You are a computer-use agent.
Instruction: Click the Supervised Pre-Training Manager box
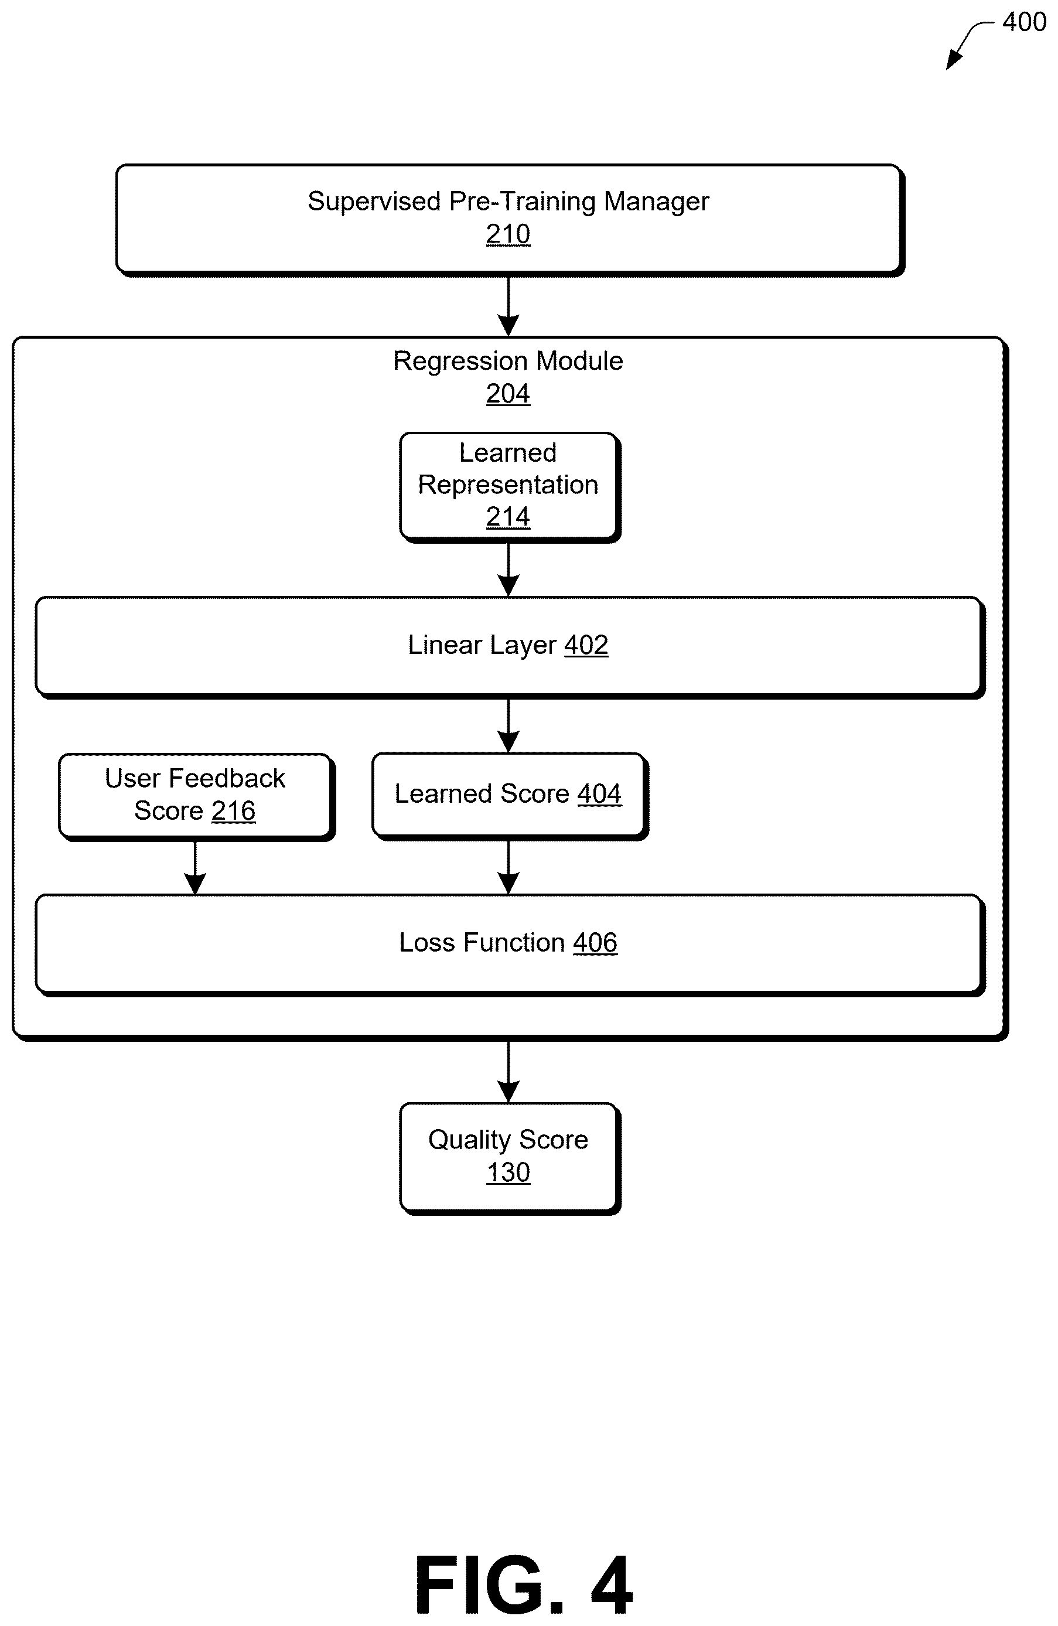[x=510, y=220]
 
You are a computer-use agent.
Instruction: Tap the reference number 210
[x=508, y=234]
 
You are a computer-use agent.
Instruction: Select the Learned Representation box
[x=510, y=487]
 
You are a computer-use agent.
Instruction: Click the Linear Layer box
[x=510, y=647]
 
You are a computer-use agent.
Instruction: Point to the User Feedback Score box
[x=197, y=797]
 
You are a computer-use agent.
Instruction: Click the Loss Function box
[x=510, y=945]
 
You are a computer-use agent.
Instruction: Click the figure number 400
[x=1024, y=22]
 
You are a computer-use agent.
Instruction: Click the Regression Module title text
[x=508, y=361]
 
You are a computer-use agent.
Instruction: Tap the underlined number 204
[x=508, y=394]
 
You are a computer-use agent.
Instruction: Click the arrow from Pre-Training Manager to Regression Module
[x=508, y=306]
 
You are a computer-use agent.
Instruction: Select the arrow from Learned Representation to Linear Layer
[x=508, y=570]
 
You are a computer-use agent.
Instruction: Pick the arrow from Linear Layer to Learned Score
[x=508, y=725]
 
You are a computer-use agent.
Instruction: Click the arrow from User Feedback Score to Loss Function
[x=195, y=868]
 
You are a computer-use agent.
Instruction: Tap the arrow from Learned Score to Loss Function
[x=508, y=867]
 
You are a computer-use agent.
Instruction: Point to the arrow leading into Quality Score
[x=508, y=1072]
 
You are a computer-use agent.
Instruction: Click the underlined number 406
[x=595, y=943]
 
